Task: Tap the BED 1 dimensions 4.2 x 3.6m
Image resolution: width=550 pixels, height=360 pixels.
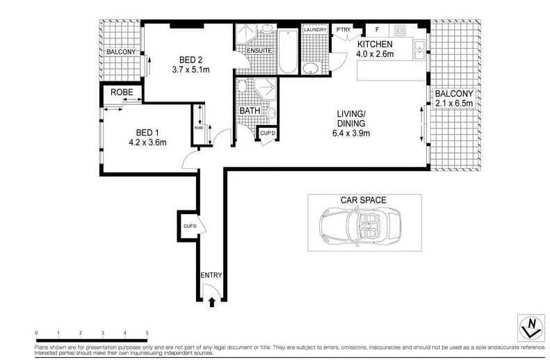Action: [x=147, y=142]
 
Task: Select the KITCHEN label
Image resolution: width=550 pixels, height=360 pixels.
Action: [x=375, y=44]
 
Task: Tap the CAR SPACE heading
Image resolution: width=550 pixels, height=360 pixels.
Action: [x=363, y=200]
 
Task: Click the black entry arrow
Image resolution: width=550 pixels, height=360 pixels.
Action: [x=211, y=301]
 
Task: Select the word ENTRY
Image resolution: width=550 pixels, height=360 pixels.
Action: [x=211, y=275]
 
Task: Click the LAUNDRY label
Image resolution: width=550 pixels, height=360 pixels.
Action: [x=314, y=30]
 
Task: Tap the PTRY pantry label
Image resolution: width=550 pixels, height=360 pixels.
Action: [x=343, y=30]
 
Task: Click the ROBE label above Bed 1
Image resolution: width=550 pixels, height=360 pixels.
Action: [x=122, y=91]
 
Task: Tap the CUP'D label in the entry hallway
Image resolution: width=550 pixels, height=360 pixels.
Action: [x=189, y=227]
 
